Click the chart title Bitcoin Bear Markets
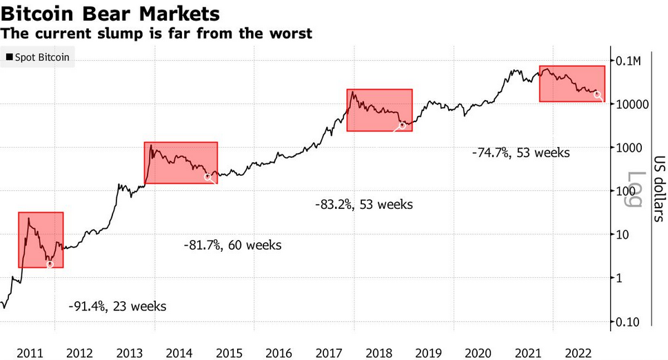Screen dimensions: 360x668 pos(110,13)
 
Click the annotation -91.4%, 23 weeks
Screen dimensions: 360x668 pos(117,306)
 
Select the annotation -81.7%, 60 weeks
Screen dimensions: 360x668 pos(232,245)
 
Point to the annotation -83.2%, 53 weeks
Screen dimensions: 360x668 pos(363,204)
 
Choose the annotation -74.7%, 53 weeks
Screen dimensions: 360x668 pos(521,152)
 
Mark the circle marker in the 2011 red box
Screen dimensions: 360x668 pos(50,264)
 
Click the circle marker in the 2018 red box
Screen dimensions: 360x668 pos(402,126)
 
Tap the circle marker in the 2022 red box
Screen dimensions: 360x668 pos(598,95)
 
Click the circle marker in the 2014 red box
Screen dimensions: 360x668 pos(208,177)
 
